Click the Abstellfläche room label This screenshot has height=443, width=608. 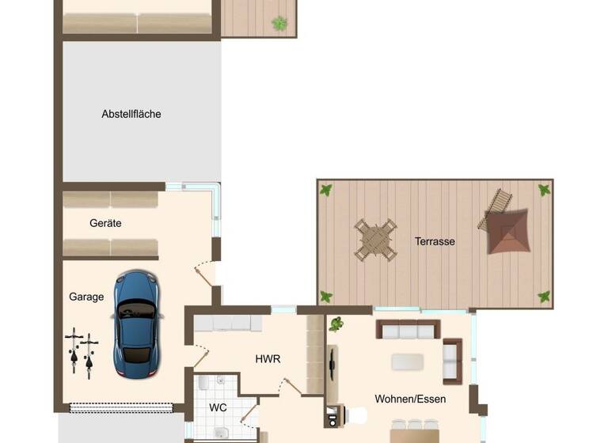(x=131, y=114)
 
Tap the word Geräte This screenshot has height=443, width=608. (x=105, y=223)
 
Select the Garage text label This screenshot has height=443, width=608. (x=86, y=297)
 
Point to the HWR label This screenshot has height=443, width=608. (x=268, y=358)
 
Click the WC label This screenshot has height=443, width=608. (x=218, y=408)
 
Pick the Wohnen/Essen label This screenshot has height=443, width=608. (x=410, y=399)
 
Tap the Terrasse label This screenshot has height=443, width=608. (x=435, y=241)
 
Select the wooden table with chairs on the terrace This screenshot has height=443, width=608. (x=375, y=240)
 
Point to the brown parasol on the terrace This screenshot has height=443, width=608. (x=507, y=231)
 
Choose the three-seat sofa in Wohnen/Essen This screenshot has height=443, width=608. (x=408, y=329)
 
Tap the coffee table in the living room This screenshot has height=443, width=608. (x=407, y=362)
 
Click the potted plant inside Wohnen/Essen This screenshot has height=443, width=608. (x=336, y=324)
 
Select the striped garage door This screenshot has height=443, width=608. (x=121, y=408)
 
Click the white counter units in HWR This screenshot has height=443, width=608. (x=228, y=323)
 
